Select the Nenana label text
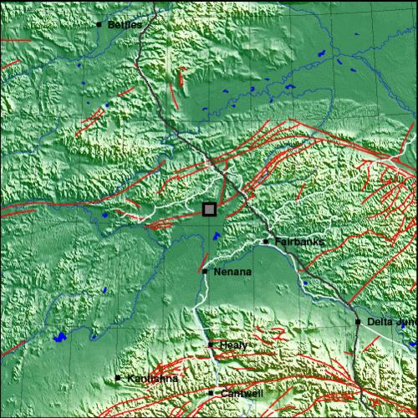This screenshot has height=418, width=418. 232,272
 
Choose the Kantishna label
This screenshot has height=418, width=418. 152,379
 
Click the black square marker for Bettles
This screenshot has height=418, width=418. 99,24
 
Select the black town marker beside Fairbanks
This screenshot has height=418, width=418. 266,242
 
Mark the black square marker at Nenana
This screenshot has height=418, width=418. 205,271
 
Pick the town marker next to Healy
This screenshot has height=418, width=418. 211,344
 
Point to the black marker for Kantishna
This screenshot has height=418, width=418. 118,378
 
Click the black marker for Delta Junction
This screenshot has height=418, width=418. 357,322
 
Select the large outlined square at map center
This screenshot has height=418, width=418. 209,209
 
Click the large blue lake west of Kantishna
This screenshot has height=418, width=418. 59,339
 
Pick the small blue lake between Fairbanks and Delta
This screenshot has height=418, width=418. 305,283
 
